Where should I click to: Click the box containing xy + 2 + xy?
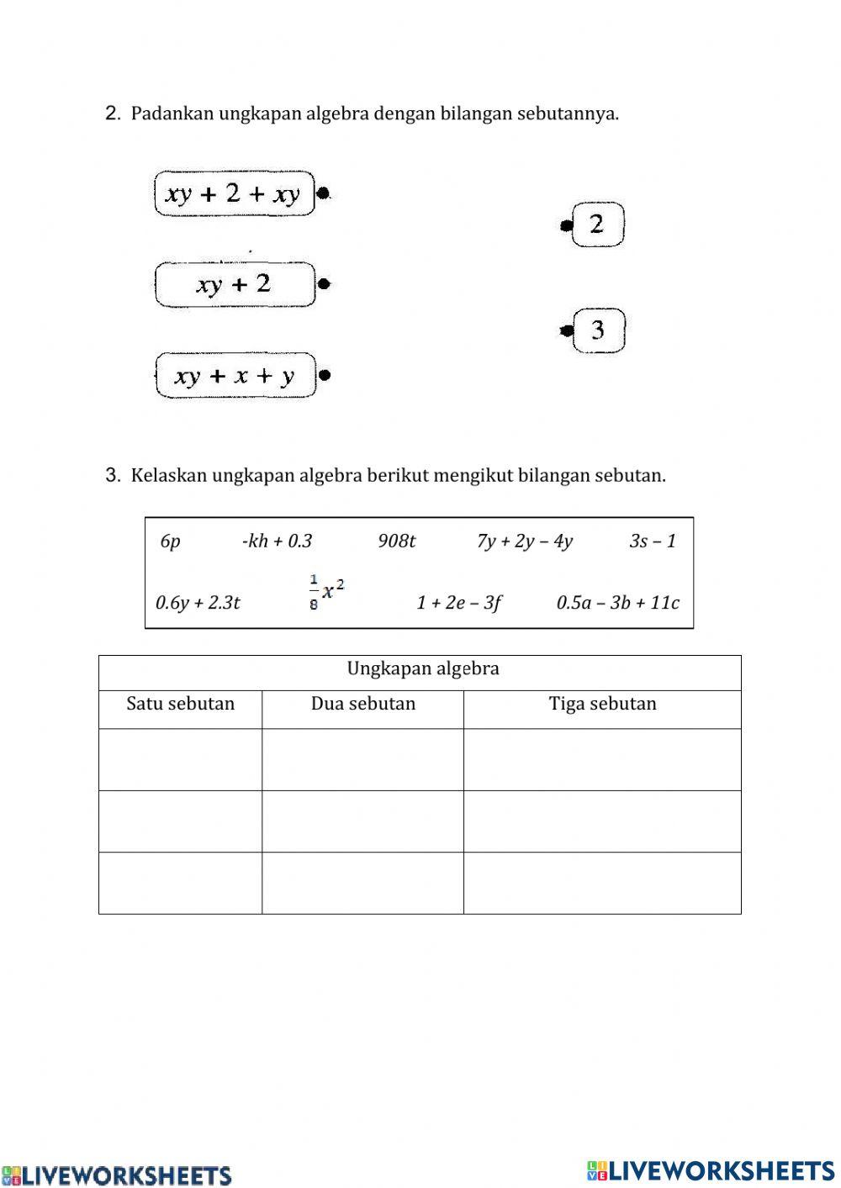(x=234, y=194)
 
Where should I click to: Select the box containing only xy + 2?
(x=235, y=284)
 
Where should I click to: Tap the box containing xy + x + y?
(x=235, y=375)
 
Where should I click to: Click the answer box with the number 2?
(x=597, y=224)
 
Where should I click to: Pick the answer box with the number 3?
(x=598, y=330)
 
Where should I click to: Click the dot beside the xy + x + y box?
(x=325, y=375)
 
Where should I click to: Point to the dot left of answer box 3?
(x=567, y=330)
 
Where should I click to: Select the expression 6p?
(x=170, y=541)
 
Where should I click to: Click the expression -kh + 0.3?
(x=277, y=541)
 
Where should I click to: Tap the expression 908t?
(x=396, y=541)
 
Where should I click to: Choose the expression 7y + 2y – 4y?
(x=525, y=541)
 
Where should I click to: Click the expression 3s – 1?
(x=653, y=541)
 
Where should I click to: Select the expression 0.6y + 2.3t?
(x=198, y=603)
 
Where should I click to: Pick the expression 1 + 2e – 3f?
(x=458, y=603)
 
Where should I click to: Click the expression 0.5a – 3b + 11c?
(x=618, y=603)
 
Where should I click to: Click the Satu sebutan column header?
(x=180, y=704)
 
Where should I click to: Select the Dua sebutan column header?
(x=363, y=704)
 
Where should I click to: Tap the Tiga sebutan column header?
(x=602, y=704)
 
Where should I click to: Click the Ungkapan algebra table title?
(x=423, y=669)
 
